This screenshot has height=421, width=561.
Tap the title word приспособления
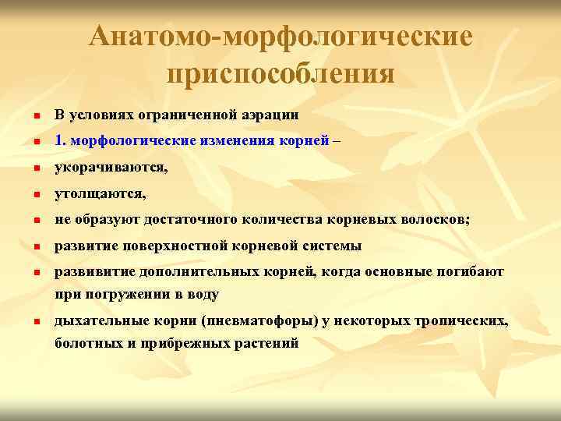pyautogui.click(x=280, y=73)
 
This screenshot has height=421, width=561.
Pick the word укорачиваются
pyautogui.click(x=110, y=167)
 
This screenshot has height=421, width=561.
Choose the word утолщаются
pyautogui.click(x=100, y=193)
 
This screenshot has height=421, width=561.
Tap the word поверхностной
pyautogui.click(x=172, y=246)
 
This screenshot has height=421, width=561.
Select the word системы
pyautogui.click(x=333, y=246)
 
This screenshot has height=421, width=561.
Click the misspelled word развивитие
pyautogui.click(x=94, y=272)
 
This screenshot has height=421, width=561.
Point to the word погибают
pyautogui.click(x=472, y=272)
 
